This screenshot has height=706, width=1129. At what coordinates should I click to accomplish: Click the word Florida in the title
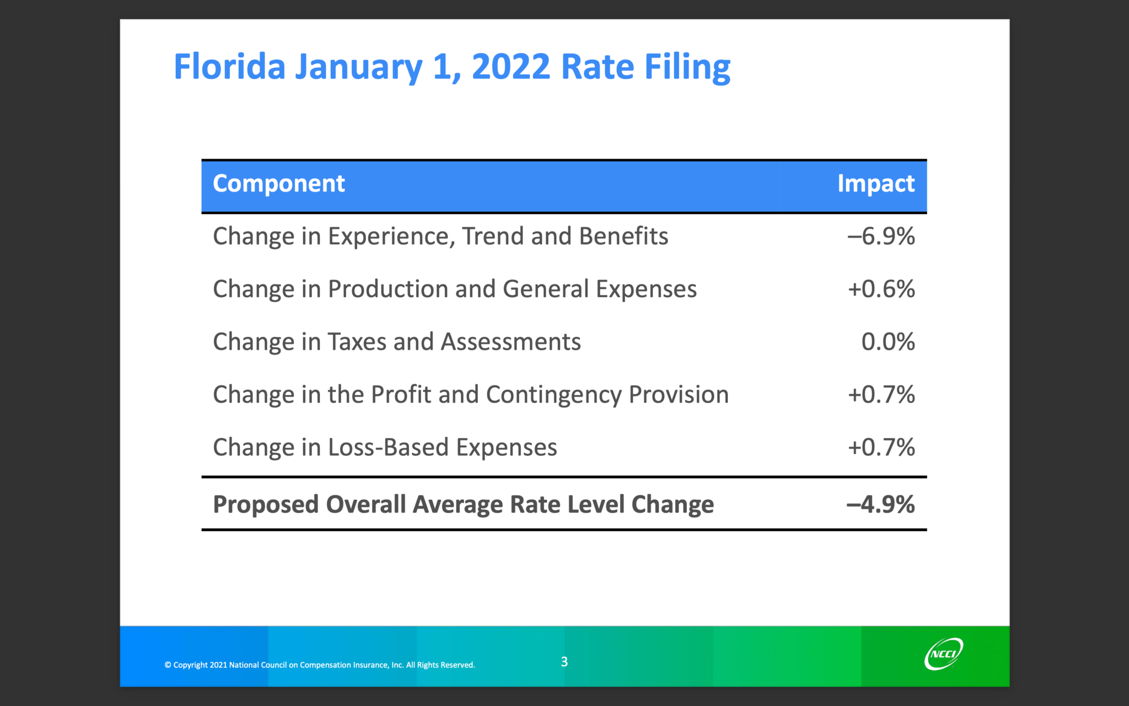229,67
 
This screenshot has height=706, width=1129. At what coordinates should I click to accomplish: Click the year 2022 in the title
510,67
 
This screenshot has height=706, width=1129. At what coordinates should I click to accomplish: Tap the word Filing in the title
687,67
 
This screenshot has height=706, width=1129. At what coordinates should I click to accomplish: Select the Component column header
278,184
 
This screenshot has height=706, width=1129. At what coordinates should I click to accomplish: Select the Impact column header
875,184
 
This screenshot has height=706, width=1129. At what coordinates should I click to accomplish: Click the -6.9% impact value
881,237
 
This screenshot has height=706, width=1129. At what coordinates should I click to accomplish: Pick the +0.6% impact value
881,289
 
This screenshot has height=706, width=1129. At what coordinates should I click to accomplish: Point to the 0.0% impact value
888,342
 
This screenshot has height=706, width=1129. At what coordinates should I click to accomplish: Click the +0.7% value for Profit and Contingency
881,395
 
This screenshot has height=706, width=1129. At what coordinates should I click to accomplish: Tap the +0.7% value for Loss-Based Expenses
881,447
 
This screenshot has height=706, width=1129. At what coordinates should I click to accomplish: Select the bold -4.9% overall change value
880,505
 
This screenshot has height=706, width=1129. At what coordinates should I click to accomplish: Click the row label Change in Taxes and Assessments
397,342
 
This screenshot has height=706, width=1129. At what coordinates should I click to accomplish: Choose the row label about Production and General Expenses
455,289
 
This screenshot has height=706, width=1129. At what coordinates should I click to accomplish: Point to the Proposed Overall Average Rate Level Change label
463,505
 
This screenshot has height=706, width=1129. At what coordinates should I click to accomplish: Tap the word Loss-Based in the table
389,447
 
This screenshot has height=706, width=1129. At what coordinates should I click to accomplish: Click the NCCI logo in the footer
943,654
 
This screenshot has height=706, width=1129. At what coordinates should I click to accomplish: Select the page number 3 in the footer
564,662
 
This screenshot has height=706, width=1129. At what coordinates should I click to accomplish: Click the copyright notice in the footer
319,665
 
